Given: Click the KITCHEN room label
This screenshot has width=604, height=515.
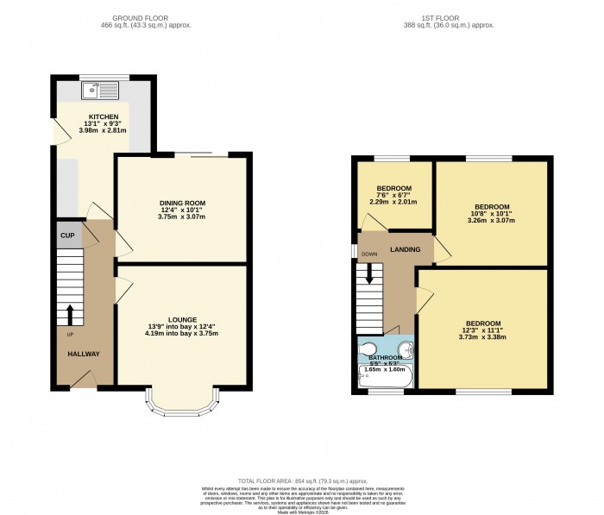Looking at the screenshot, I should (x=103, y=116).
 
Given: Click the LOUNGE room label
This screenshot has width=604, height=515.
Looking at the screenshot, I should (x=182, y=319).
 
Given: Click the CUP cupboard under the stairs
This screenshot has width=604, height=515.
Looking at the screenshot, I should (x=66, y=236).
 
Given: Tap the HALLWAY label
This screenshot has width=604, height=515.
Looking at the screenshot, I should (x=84, y=354).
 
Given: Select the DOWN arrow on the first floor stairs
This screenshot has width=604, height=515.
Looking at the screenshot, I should (x=370, y=273).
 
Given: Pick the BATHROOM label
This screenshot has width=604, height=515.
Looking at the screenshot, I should (x=386, y=357).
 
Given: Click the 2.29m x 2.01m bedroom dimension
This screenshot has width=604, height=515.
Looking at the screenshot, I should (x=394, y=202).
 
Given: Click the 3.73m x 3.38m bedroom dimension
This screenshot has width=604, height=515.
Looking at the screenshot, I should (x=481, y=337).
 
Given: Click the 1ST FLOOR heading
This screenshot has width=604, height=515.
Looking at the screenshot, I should (x=448, y=17).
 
